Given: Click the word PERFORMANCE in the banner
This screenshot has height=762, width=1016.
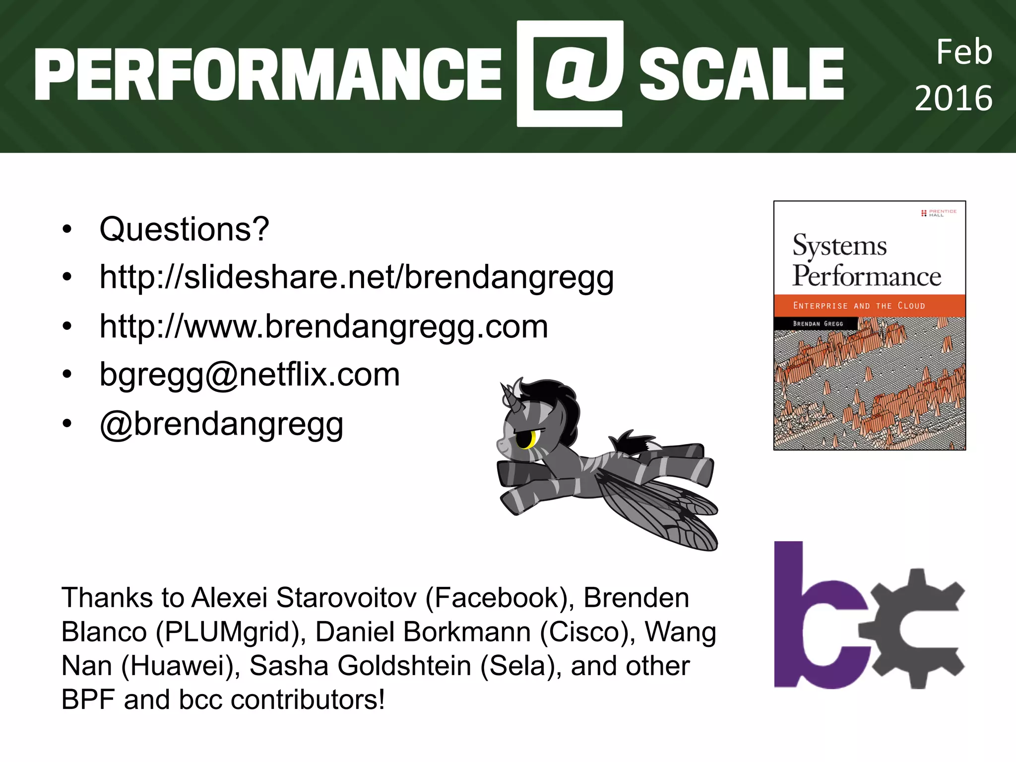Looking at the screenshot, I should coord(268,74).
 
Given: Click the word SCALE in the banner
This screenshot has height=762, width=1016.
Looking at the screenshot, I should coord(741,74).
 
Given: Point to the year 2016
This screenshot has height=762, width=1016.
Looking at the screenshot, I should coord(953,98).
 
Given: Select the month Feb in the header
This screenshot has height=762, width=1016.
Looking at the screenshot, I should coord(963,52).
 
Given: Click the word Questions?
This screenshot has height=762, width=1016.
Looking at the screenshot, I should coord(184,229).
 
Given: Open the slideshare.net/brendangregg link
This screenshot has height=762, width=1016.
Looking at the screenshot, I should coord(356,277).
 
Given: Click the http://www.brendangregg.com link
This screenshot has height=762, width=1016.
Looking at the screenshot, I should coord(323,326).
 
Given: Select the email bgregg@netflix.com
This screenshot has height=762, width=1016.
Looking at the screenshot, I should coord(250,374).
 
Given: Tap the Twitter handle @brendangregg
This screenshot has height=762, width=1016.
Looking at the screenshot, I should coord(221,424).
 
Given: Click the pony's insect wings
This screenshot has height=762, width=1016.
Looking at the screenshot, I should coord(660,511).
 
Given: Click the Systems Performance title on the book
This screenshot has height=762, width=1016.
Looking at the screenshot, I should coord(865,260).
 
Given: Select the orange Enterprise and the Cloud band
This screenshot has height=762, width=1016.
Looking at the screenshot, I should coord(869,306).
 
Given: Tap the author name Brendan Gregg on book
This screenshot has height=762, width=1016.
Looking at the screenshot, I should coord(818,323).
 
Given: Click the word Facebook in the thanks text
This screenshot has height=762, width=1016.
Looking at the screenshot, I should coord(496,598).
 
